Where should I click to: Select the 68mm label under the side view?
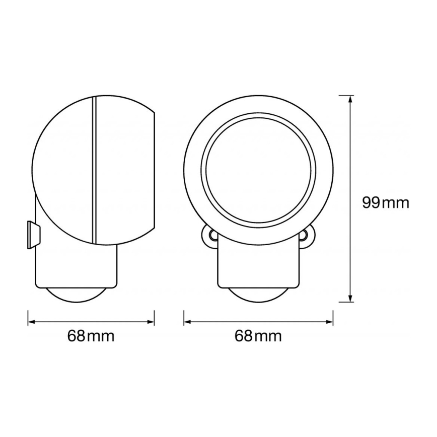point(91,336)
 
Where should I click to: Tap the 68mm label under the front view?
point(258,336)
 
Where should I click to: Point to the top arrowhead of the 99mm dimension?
point(349,97)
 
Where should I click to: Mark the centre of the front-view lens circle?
point(258,170)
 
